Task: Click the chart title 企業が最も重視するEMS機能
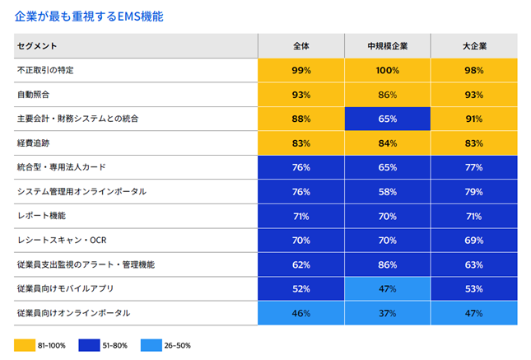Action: click(x=91, y=15)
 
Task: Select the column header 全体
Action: click(x=300, y=46)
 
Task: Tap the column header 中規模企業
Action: click(x=387, y=46)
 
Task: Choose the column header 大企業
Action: click(x=473, y=46)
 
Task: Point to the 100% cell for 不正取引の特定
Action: click(x=387, y=71)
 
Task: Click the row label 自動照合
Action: click(x=34, y=95)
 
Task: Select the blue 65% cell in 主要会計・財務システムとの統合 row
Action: click(x=387, y=119)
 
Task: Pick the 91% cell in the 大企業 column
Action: click(x=473, y=119)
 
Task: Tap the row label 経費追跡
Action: click(x=34, y=143)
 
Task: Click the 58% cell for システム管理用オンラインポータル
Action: click(x=387, y=192)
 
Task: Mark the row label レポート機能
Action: click(x=40, y=216)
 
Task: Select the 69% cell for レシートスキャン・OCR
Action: click(x=473, y=241)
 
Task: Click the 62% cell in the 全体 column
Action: click(x=300, y=264)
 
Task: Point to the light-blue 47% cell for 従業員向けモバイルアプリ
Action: click(x=387, y=289)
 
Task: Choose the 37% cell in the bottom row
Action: click(x=387, y=313)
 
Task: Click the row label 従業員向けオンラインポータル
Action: click(x=73, y=313)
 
